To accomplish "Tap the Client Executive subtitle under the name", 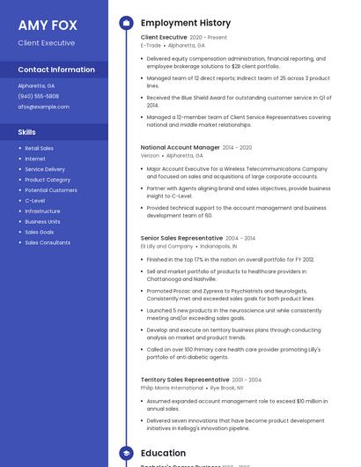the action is point(46,42).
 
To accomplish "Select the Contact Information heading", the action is point(56,70).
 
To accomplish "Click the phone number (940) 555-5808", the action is point(38,96).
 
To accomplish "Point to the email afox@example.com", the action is point(43,107).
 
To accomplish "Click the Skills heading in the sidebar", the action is point(26,131).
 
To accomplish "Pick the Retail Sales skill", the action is point(39,148).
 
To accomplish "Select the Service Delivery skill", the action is point(45,169).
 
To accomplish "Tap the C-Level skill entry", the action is point(35,200).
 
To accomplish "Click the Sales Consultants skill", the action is point(48,242).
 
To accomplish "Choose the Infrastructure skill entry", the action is point(42,211).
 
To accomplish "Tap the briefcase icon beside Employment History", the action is point(126,22).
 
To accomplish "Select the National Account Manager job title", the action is point(180,147).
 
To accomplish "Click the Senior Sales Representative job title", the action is point(181,238).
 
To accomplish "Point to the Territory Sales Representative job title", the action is point(185,380).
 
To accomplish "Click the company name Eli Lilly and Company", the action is point(166,247).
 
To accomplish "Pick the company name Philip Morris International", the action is point(172,388).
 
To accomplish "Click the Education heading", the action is point(163,453).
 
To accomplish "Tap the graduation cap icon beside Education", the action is point(126,453).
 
